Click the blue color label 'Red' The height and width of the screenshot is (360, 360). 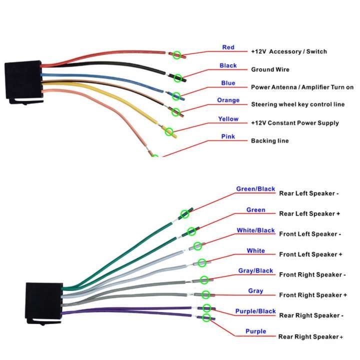pos(228,47)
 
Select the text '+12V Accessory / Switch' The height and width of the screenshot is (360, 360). pos(289,51)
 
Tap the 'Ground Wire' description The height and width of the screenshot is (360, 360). pos(270,69)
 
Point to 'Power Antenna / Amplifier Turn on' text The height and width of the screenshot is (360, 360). pos(302,87)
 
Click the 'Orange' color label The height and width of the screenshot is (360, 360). pos(228,100)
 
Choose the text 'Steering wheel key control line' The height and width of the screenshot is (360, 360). pos(297,104)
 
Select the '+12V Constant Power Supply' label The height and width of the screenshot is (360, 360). pos(294,123)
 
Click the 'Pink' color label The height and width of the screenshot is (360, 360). pos(228,136)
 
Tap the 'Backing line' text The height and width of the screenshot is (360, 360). pos(269,141)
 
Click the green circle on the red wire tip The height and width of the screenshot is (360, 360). pos(176,54)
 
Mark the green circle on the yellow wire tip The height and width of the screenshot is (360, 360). pos(169,132)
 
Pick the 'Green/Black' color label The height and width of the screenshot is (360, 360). pos(255,189)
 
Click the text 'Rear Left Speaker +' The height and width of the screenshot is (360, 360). pos(309,214)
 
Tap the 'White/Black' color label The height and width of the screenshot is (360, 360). pos(255,230)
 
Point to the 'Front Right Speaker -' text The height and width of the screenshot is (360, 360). pos(312,275)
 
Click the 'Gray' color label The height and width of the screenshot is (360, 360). pos(255,291)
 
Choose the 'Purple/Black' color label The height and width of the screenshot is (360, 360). pos(255,311)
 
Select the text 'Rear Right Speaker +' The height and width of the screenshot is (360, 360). pos(310,337)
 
